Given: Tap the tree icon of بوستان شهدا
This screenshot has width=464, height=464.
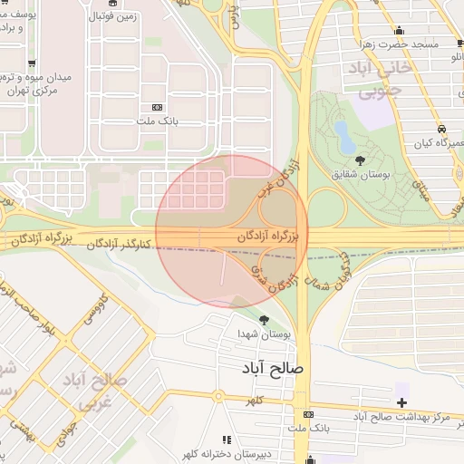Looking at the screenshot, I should click(265, 320).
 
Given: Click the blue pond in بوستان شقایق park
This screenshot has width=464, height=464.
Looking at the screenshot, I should click(345, 137).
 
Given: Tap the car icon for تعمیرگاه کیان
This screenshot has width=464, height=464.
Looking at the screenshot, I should click(441, 129).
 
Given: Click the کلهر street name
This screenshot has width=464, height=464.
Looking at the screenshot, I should click(256, 400).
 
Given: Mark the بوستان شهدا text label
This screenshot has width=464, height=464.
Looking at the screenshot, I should click(264, 334).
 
